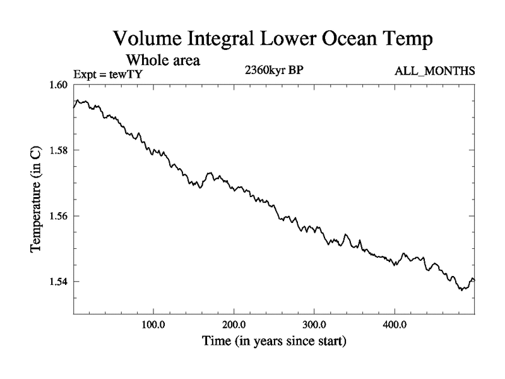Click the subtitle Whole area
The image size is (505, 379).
pos(163,61)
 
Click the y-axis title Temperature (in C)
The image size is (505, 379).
pos(37,199)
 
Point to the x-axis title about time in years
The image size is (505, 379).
pos(274,342)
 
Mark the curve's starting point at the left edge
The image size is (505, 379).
pos(74,107)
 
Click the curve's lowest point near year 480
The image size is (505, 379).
pos(461,290)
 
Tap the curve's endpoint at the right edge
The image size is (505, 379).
pos(474,280)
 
